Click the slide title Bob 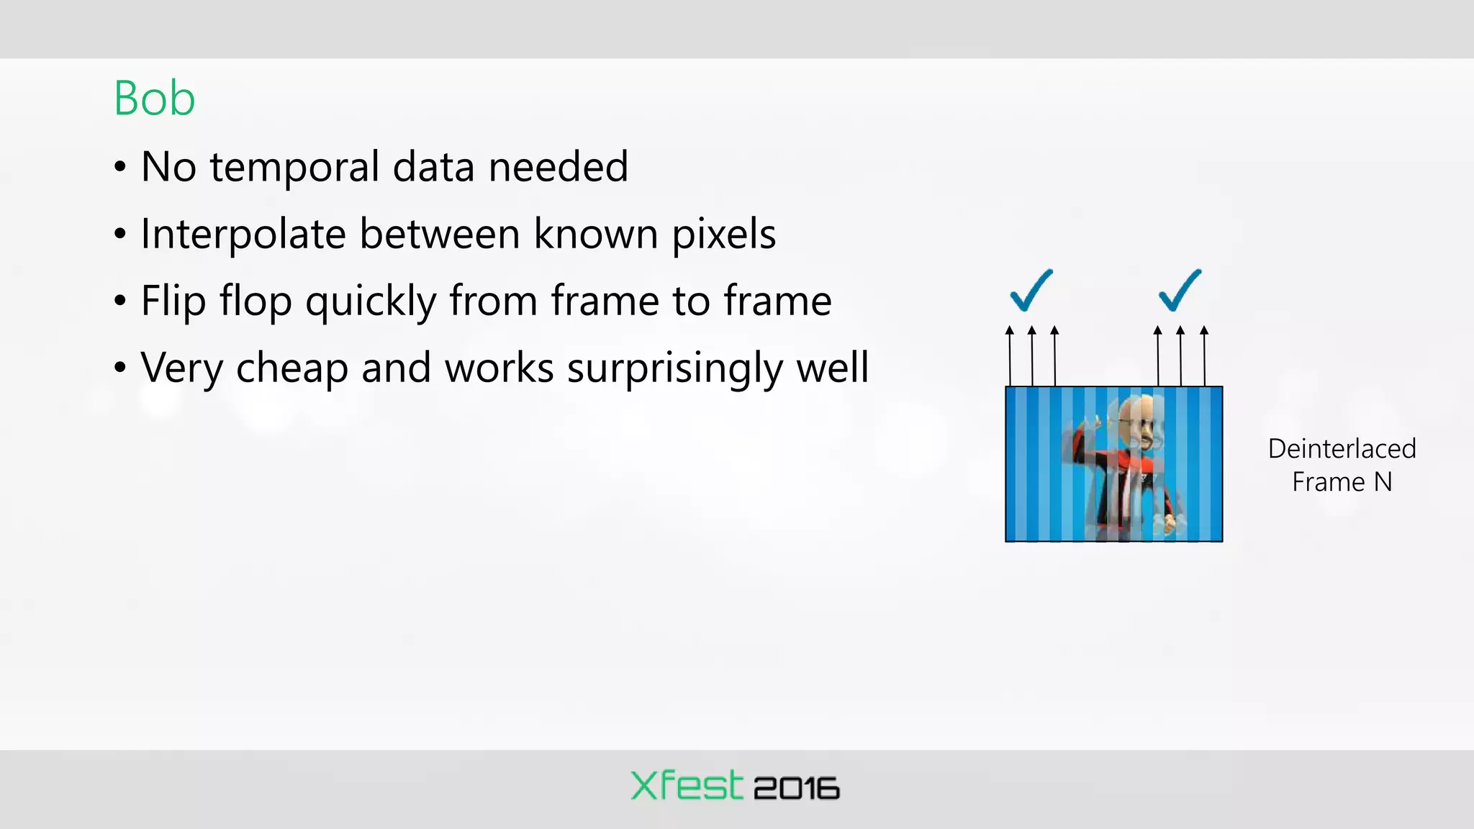154,99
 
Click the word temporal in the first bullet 294,168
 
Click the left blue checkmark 1031,291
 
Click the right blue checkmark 1180,291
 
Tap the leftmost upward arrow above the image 1010,355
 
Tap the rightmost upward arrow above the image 1204,355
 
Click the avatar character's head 1140,425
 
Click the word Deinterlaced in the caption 1342,449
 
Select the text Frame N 1342,482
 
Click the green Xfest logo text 686,786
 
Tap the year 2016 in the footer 796,789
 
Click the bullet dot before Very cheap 120,368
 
